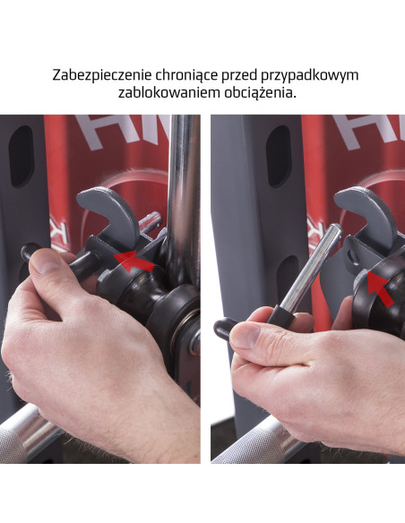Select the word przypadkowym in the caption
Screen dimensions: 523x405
pyautogui.click(x=310, y=75)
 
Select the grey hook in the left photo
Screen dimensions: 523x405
pyautogui.click(x=108, y=210)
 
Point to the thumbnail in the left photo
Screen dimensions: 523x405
pyautogui.click(x=49, y=261)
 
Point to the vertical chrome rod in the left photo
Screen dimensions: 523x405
pyautogui.click(x=184, y=179)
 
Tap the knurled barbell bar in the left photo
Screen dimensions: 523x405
pyautogui.click(x=27, y=439)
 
